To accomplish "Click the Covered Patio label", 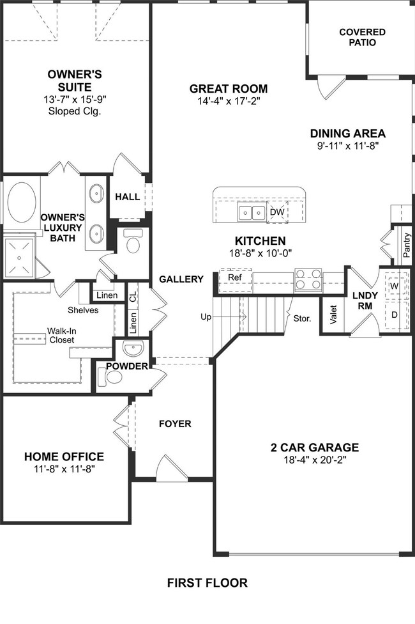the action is pyautogui.click(x=362, y=37).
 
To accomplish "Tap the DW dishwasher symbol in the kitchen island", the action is pyautogui.click(x=277, y=212).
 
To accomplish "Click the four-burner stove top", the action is pyautogui.click(x=308, y=279).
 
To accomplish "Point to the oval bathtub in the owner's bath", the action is pyautogui.click(x=22, y=202).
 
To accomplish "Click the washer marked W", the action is pyautogui.click(x=395, y=286).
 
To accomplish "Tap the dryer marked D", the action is pyautogui.click(x=395, y=315).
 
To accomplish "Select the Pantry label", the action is pyautogui.click(x=406, y=246).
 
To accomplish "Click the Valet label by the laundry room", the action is pyautogui.click(x=333, y=315).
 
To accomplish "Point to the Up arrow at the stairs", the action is pyautogui.click(x=224, y=316).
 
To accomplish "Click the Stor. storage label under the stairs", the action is pyautogui.click(x=302, y=318).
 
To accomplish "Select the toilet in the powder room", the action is pyautogui.click(x=110, y=376).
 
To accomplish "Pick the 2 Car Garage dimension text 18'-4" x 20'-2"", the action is pyautogui.click(x=315, y=460).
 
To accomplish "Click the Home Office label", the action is pyautogui.click(x=64, y=456).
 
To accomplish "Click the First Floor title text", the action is pyautogui.click(x=207, y=583).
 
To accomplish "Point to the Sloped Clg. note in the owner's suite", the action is pyautogui.click(x=75, y=111).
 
